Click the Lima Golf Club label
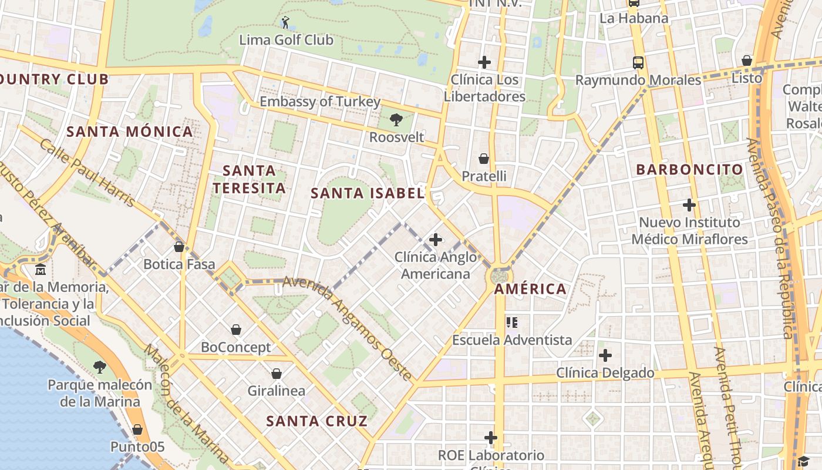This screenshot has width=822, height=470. pos(287,40)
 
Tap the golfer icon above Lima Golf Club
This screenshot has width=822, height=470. pos(286,22)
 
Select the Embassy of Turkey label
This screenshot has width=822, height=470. pos(320,102)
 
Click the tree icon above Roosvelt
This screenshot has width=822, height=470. pos(396,120)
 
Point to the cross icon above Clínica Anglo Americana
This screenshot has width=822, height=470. pos(436,240)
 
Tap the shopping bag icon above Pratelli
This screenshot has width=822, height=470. pos(484,159)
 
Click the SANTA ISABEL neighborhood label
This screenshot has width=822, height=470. pos(367,193)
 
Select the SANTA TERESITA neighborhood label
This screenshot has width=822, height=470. pos(249,179)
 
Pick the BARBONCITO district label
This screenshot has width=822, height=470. pos(690,170)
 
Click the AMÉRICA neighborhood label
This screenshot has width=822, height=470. pos(530,289)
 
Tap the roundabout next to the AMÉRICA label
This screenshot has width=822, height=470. pos(500,276)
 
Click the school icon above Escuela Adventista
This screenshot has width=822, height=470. pos(512,323)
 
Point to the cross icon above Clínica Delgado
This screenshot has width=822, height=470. pos(605,355)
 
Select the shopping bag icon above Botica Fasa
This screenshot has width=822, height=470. pos(179,247)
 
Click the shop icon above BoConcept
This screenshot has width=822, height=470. pos(236,330)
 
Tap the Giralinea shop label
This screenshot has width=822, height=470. pos(276,391)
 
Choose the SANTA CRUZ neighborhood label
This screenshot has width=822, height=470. pos(316,421)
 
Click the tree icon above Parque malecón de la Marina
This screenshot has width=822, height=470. pos(100,368)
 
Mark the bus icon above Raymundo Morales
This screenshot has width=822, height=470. pos(638,63)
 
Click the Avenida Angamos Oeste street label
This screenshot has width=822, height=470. pos(348,329)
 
